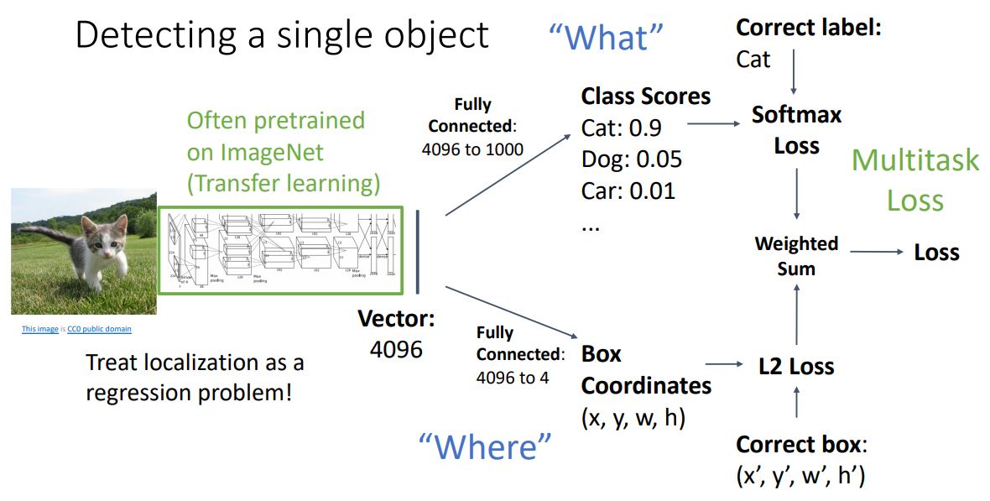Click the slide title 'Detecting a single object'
[282, 35]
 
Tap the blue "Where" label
[486, 446]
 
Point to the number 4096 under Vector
[396, 348]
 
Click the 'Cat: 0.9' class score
[621, 128]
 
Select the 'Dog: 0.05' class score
[631, 159]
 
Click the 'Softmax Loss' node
[796, 129]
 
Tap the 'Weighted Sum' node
[796, 255]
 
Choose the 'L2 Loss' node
[796, 366]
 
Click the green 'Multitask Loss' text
[915, 180]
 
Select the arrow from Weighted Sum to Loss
[877, 252]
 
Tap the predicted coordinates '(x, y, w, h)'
[633, 417]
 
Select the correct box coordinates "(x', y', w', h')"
[800, 475]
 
